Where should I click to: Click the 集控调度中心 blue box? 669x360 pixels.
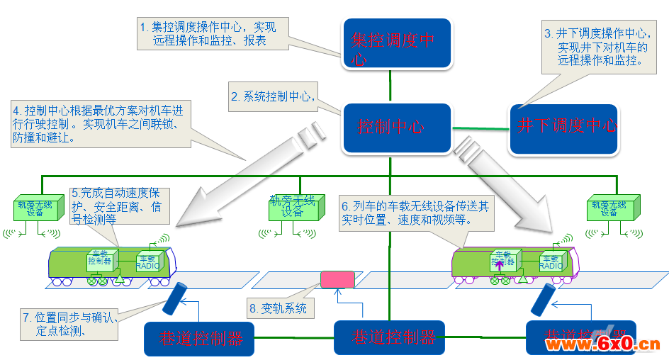(x=396, y=44)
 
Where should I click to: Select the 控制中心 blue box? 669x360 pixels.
(x=397, y=128)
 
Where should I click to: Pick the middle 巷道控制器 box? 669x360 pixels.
(x=389, y=337)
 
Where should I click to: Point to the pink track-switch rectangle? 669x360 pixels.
(x=337, y=279)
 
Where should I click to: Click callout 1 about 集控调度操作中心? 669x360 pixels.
(x=212, y=34)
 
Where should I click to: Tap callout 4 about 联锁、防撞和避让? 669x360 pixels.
(x=99, y=125)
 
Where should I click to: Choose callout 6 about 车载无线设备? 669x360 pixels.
(x=415, y=213)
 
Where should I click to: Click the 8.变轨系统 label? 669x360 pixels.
(x=279, y=308)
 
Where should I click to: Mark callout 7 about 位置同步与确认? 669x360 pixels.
(x=65, y=324)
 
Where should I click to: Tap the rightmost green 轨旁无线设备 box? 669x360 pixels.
(x=610, y=208)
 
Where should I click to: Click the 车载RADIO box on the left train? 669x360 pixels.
(x=150, y=263)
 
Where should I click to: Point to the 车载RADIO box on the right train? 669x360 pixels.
(x=552, y=263)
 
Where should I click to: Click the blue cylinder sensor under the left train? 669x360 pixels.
(x=174, y=299)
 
